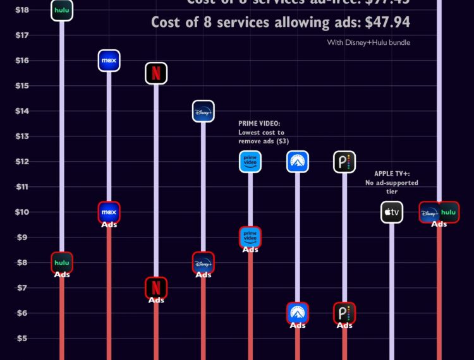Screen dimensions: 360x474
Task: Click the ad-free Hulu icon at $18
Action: (x=62, y=10)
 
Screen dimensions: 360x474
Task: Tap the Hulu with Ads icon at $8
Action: (x=62, y=263)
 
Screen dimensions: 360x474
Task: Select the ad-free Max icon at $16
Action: (x=109, y=61)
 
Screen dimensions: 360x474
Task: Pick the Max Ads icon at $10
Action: (x=109, y=212)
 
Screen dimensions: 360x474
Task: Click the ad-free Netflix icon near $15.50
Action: (x=155, y=73)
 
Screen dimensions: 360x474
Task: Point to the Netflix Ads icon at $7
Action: (x=155, y=287)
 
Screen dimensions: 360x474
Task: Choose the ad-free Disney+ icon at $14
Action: (x=203, y=111)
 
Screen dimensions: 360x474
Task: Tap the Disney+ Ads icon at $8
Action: (x=203, y=263)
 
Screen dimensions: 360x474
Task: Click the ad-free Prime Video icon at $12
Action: (x=250, y=162)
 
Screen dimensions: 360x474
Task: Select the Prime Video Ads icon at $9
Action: (x=250, y=237)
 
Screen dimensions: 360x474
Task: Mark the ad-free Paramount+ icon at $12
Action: (x=297, y=162)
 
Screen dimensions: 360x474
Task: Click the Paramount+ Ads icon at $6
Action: (x=297, y=313)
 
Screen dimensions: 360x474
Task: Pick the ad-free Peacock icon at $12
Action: (x=344, y=162)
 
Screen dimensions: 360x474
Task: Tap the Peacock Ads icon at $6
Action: (x=344, y=313)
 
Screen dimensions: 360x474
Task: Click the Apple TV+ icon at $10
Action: (x=392, y=212)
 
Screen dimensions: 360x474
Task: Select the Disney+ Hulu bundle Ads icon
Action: (x=439, y=212)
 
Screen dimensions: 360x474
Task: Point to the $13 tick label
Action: (x=22, y=136)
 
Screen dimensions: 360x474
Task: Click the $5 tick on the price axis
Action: (x=22, y=338)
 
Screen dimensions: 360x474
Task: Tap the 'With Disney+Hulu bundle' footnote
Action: (x=368, y=42)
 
